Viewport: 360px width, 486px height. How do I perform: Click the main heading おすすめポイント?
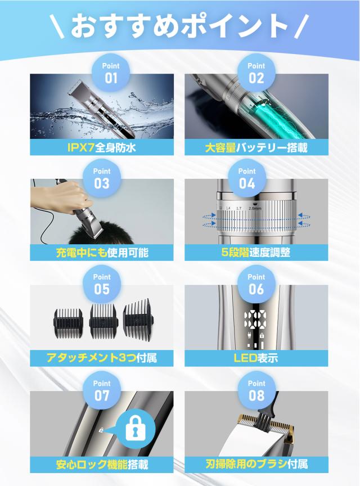(179, 25)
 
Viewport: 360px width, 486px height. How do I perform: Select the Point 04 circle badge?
(247, 178)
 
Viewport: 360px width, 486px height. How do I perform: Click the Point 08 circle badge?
(256, 390)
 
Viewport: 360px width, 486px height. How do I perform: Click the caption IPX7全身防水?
(102, 147)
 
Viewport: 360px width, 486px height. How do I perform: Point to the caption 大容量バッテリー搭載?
(256, 147)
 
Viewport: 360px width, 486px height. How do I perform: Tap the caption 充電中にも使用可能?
(102, 253)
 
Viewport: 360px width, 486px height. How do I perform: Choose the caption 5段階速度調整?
(256, 253)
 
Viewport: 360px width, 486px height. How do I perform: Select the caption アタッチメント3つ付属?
(102, 358)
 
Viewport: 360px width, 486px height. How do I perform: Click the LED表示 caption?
(256, 358)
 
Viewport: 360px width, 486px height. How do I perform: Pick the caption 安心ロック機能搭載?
(102, 465)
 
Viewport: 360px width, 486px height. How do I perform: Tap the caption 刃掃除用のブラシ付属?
(256, 464)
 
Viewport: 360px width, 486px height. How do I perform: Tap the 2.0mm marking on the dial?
(255, 208)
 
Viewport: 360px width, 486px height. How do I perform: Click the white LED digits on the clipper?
(255, 320)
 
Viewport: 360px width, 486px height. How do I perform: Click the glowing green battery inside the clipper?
(273, 117)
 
